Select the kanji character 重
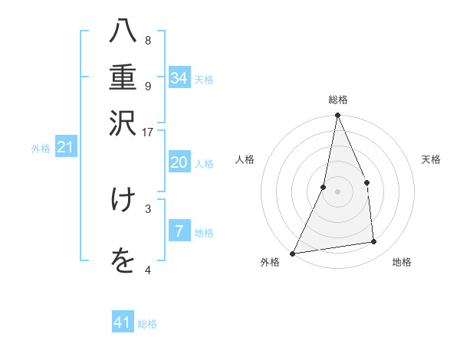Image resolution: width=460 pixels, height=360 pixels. click(123, 78)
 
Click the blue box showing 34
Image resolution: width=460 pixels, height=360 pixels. click(179, 77)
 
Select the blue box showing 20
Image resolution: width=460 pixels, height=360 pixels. click(179, 163)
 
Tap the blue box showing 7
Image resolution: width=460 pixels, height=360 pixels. click(179, 231)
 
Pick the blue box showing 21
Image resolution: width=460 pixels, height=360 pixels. click(64, 147)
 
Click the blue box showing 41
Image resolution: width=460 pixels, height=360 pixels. click(123, 322)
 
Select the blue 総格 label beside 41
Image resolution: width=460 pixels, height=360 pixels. click(147, 324)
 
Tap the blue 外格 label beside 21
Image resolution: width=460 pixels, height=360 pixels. click(41, 149)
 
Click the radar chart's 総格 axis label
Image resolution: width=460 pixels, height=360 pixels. click(337, 100)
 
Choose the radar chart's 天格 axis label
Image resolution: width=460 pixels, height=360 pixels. click(432, 159)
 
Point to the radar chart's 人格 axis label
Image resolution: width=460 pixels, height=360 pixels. click(245, 159)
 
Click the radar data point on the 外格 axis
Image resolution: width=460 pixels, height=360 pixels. click(292, 253)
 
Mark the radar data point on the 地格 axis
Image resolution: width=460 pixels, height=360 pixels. click(374, 242)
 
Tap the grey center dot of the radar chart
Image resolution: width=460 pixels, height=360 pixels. click(337, 191)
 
